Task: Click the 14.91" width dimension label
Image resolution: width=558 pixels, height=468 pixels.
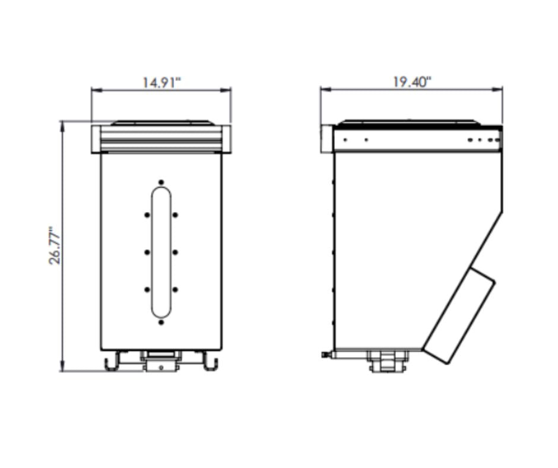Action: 162,83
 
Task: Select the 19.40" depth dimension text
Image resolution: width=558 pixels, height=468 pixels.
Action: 412,82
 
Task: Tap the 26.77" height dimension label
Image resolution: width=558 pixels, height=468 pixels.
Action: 55,245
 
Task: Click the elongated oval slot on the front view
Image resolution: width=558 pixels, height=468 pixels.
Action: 161,252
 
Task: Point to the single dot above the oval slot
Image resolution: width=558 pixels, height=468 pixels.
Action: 161,182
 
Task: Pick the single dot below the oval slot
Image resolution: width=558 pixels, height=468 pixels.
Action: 161,322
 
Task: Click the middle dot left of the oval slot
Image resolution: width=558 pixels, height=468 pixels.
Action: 147,252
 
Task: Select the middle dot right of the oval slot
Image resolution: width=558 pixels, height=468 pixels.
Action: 176,252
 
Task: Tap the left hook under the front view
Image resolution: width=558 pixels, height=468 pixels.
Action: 112,361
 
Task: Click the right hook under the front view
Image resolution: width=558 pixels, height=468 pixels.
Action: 210,361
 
